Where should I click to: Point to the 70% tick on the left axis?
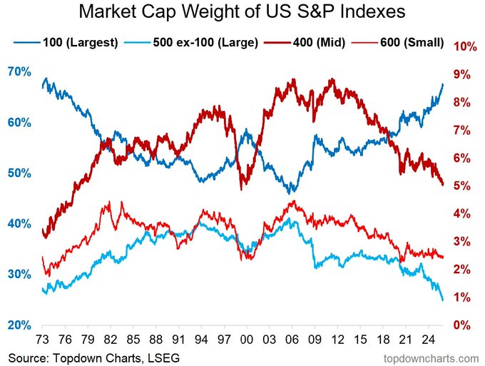click(x=19, y=72)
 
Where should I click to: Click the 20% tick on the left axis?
click(x=19, y=325)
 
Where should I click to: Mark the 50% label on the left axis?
click(x=19, y=173)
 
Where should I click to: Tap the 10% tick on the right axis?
click(x=464, y=46)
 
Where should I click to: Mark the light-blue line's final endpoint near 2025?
click(x=442, y=300)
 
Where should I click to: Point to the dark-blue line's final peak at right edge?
click(x=442, y=84)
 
